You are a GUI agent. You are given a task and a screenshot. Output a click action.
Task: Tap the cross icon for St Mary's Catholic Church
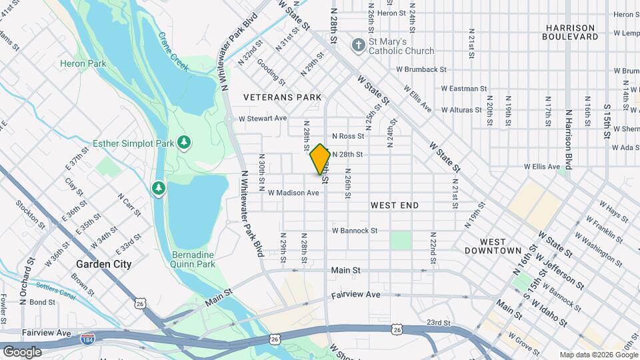[358, 45]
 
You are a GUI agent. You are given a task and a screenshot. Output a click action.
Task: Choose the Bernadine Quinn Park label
[193, 260]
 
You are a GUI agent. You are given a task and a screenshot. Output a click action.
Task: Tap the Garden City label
[103, 264]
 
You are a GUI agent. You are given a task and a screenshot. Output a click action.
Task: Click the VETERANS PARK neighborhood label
[283, 97]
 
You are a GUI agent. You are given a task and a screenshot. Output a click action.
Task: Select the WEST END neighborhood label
[395, 205]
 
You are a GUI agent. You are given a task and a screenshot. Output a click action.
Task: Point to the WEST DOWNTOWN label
[501, 246]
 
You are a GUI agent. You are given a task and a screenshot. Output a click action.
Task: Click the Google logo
[22, 351]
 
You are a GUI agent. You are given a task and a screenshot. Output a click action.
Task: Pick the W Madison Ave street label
[293, 193]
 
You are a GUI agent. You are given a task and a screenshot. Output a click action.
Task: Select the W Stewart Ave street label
[263, 118]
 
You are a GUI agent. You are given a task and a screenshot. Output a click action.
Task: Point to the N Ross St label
[348, 136]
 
